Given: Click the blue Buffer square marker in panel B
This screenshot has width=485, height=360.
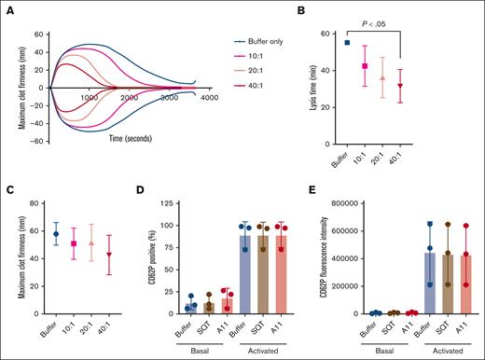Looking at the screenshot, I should click(x=348, y=43).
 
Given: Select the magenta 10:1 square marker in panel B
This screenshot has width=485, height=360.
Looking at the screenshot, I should click(x=366, y=66).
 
